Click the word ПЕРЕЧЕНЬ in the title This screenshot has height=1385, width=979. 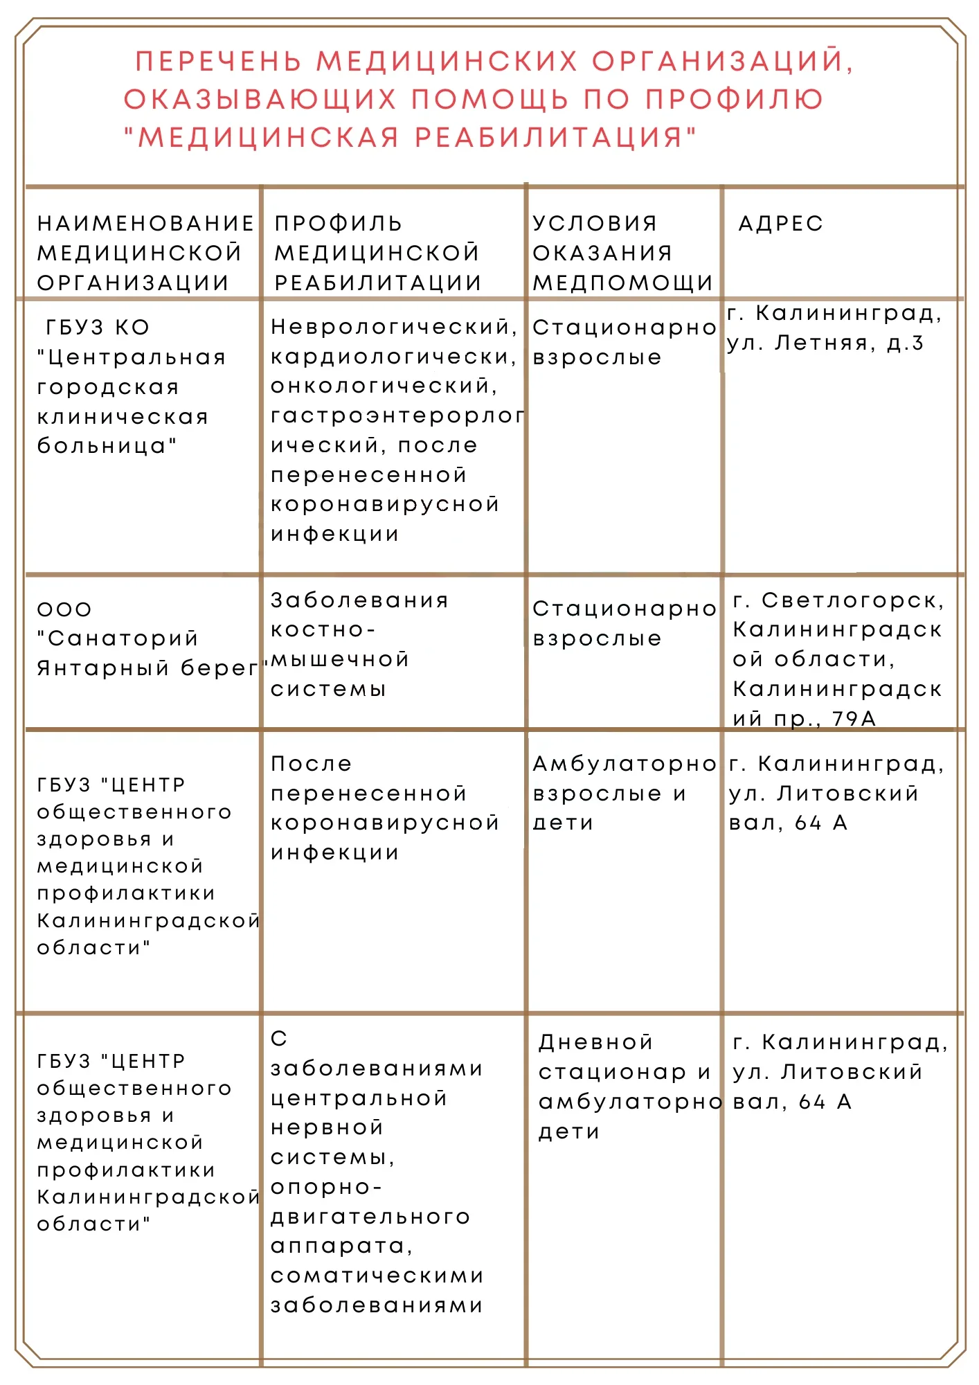pyautogui.click(x=218, y=62)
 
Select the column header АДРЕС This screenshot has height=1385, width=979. pyautogui.click(x=781, y=224)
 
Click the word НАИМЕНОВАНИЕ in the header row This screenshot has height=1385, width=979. pyautogui.click(x=146, y=224)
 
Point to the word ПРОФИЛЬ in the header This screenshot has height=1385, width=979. pyautogui.click(x=339, y=224)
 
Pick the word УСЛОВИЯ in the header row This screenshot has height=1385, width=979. pyautogui.click(x=595, y=224)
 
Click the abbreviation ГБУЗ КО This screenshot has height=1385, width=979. pyautogui.click(x=98, y=328)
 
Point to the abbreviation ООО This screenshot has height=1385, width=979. pyautogui.click(x=64, y=610)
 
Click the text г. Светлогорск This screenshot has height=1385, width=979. pyautogui.click(x=838, y=600)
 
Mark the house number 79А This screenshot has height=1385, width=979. pyautogui.click(x=854, y=719)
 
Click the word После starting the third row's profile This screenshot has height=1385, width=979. pyautogui.click(x=312, y=765)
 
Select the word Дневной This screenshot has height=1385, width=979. pyautogui.click(x=596, y=1043)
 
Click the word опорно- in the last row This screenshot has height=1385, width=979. pyautogui.click(x=326, y=1188)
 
